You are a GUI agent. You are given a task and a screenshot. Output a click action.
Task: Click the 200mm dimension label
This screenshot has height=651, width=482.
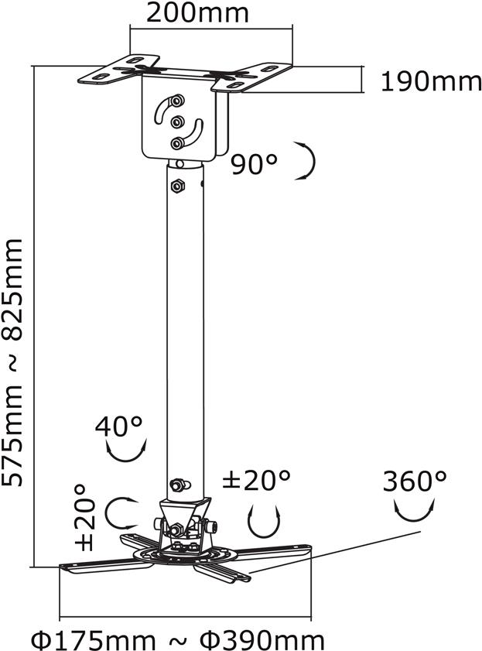pos(197,12)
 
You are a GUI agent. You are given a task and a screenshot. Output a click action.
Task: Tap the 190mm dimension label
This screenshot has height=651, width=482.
pos(431,81)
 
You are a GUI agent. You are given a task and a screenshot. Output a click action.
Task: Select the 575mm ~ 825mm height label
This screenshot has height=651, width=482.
pos(12,362)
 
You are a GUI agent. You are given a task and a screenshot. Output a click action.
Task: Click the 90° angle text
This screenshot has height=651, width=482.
pos(254,164)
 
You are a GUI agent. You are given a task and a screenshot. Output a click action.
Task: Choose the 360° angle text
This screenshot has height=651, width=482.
pos(415,481)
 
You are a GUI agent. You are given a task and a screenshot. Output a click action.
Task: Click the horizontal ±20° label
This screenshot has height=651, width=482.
pos(256,481)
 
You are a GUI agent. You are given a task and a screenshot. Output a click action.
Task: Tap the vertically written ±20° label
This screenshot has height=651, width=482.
pos(84,517)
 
